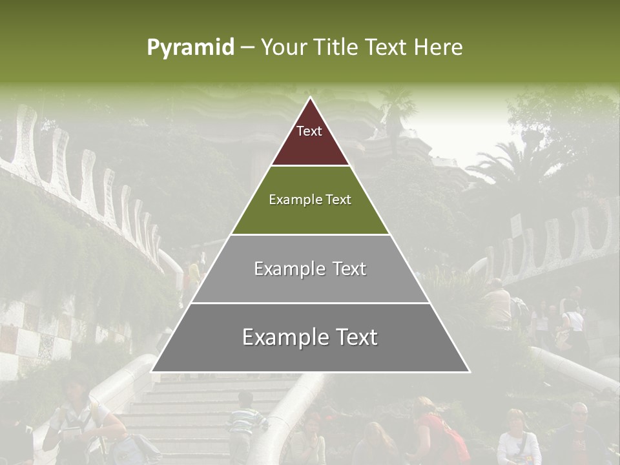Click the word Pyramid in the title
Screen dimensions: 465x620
click(191, 48)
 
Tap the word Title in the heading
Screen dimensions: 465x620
click(336, 48)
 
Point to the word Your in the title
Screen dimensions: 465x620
click(284, 48)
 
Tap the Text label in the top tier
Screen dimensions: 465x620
click(309, 131)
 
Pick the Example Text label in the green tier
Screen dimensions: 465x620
click(310, 200)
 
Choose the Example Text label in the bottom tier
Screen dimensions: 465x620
click(310, 337)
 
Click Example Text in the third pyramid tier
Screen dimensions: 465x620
click(310, 269)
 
